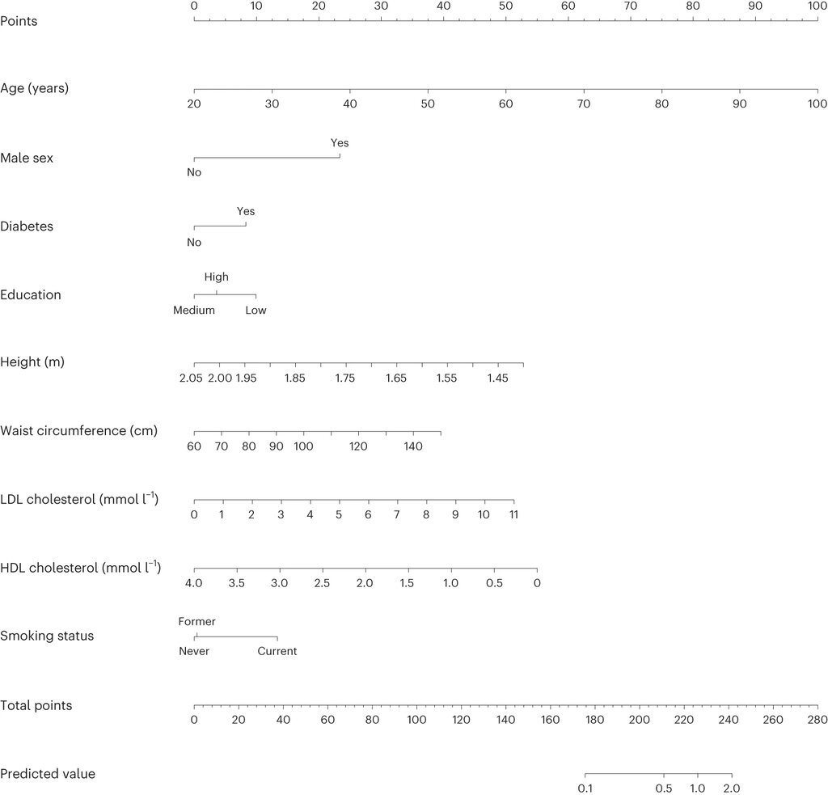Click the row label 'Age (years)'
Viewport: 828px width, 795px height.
click(34, 88)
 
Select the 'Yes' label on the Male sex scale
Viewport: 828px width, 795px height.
click(340, 142)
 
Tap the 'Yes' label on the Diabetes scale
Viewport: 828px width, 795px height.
click(246, 211)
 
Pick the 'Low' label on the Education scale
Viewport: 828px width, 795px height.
click(256, 310)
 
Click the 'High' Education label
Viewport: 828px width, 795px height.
click(217, 277)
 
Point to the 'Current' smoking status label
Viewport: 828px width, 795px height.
click(277, 651)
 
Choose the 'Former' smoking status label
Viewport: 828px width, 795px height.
click(197, 622)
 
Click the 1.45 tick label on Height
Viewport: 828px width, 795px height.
click(497, 378)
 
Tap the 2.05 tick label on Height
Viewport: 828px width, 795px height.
click(191, 378)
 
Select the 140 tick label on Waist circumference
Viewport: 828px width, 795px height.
click(413, 446)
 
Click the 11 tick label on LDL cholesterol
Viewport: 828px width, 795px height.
click(513, 514)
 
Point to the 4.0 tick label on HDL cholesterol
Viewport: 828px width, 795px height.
click(194, 583)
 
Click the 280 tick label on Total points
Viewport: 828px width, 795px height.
click(817, 720)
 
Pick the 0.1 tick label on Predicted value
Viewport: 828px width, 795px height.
click(585, 789)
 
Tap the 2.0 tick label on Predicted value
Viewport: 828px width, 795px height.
click(731, 789)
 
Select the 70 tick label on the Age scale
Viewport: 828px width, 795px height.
click(584, 104)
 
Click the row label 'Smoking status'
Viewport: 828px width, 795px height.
click(47, 636)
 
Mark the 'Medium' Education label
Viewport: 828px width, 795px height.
click(194, 310)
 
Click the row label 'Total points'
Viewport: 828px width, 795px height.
click(36, 706)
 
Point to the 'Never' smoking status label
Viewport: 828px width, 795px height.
click(194, 651)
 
